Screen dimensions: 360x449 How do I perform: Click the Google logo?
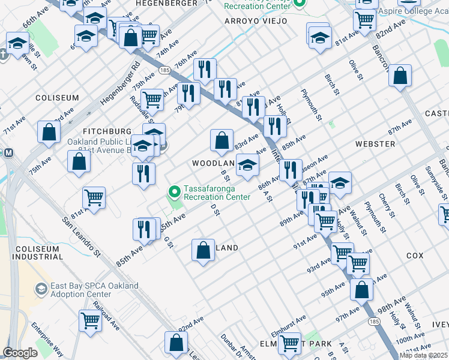tap(20, 353)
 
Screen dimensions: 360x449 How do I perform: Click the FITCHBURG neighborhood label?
tap(107, 131)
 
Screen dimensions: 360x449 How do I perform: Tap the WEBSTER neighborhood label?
tap(375, 144)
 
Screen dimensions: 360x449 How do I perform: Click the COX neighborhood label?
tap(414, 256)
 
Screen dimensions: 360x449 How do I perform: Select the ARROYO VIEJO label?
tap(256, 21)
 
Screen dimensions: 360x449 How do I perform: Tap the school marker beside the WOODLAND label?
tap(247, 166)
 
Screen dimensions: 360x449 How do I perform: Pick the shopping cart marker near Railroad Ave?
tap(90, 321)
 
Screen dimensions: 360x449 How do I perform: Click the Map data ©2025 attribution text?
tap(424, 355)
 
